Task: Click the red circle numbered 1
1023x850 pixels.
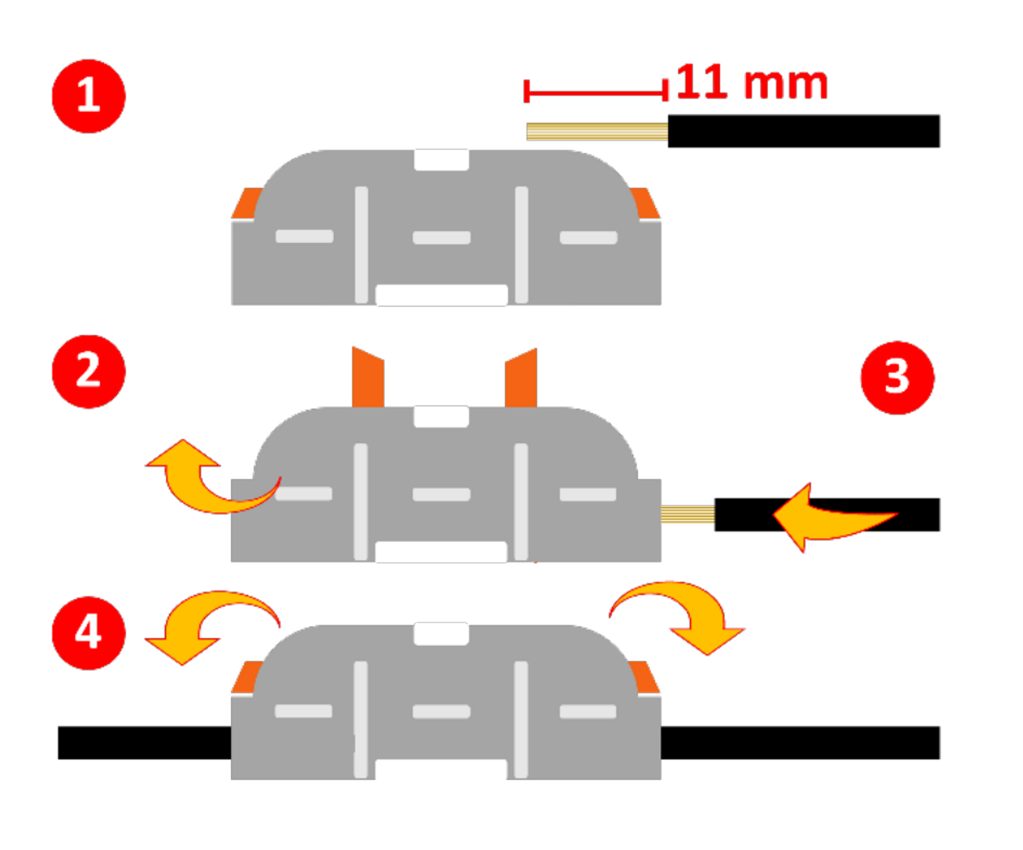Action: tap(88, 96)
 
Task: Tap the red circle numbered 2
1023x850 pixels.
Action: tap(88, 371)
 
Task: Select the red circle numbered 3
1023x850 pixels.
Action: tap(897, 377)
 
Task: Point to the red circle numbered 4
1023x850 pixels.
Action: tap(88, 633)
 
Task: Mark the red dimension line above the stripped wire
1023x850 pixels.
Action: tap(595, 93)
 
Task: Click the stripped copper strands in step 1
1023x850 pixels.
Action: tap(597, 131)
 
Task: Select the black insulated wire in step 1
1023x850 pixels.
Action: tap(804, 131)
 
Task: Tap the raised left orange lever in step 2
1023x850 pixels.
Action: tap(368, 379)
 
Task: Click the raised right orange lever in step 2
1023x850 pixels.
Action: tap(521, 379)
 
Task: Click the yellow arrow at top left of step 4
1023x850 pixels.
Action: tap(205, 624)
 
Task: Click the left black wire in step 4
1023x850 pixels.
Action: tap(144, 743)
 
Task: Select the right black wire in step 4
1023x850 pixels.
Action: tap(800, 743)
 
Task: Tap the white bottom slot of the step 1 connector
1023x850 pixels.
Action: tap(441, 295)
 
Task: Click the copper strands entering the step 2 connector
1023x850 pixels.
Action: tap(687, 514)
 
